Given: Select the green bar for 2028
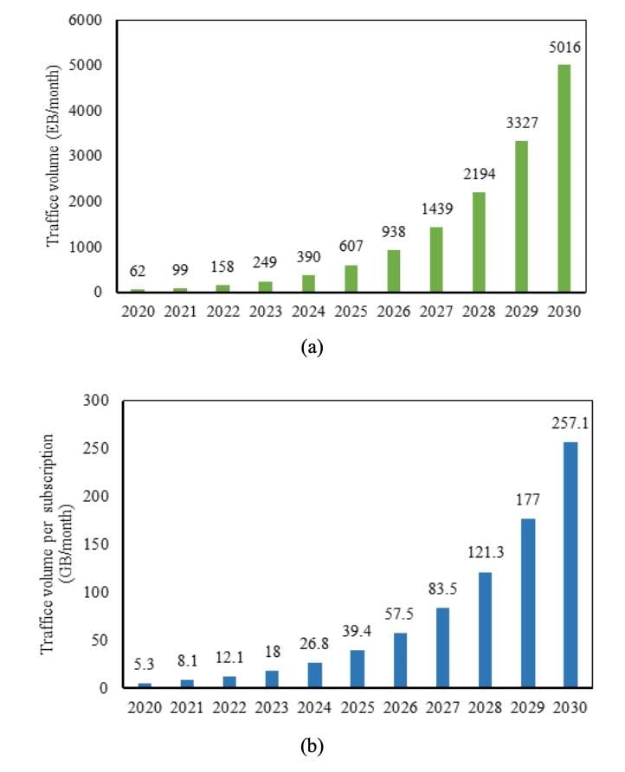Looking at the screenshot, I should tap(480, 241).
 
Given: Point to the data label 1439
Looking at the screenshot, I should tap(437, 209).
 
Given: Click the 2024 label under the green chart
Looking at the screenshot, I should tap(310, 311).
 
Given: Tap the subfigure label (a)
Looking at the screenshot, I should tap(311, 348).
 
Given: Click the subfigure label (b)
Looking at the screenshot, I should tap(311, 744).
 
